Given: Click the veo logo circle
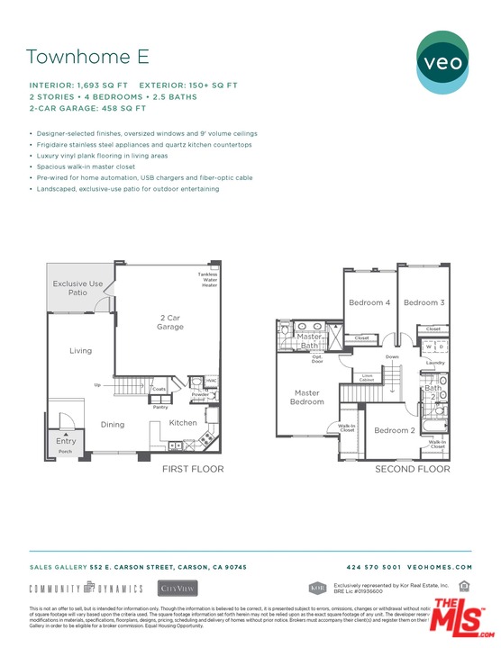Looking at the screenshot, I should coord(442,62).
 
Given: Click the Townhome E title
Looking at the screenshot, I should coord(87,57).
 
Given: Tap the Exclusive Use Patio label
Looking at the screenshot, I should coord(77,288).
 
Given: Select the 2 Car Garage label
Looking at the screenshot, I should coord(170,322).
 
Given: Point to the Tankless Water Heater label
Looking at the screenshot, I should coord(207,280).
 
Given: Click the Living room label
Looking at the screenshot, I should coord(80,350).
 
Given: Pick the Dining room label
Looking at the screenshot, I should coord(112,425).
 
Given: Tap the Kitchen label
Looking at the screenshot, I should coord(183,422).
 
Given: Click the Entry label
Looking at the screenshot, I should coord(66,441).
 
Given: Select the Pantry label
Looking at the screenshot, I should coord(160,407).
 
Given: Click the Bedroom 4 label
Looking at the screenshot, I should coord(369,303).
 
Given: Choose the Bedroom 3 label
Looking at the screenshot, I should coord(424,303).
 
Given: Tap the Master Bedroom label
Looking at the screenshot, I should coord(307,398).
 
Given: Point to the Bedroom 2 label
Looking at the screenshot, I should coord(394,430).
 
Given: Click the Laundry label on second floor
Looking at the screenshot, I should coord(436,363).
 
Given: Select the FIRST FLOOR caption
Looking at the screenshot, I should coord(193,469).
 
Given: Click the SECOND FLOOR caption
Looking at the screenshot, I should coord(413,469).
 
